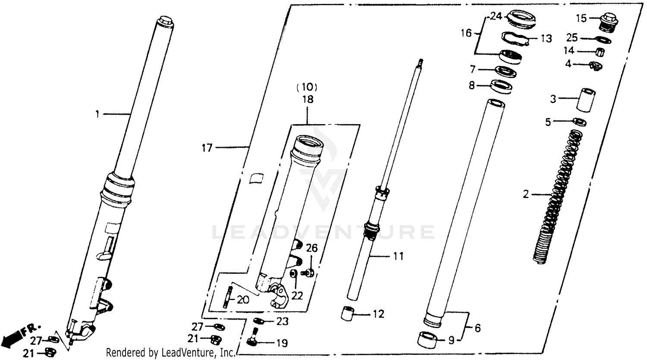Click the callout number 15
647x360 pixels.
pyautogui.click(x=582, y=19)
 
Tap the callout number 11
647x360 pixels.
pyautogui.click(x=399, y=257)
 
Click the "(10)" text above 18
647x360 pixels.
pyautogui.click(x=307, y=88)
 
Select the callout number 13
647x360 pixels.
pyautogui.click(x=546, y=39)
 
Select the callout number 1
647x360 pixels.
pyautogui.click(x=97, y=114)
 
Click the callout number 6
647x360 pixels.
pyautogui.click(x=477, y=328)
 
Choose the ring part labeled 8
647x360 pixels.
pyautogui.click(x=502, y=86)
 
